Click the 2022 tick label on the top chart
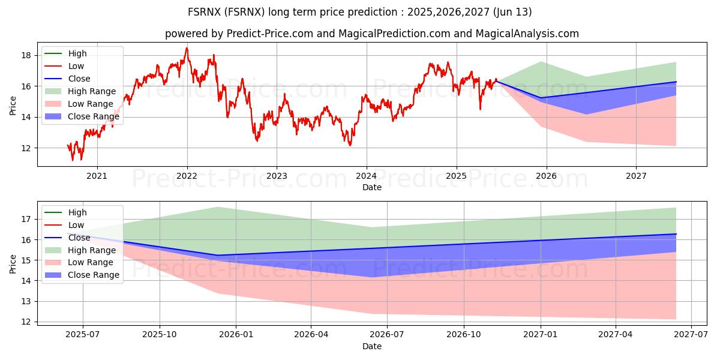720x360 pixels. click(187, 176)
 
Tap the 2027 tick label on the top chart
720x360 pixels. click(636, 176)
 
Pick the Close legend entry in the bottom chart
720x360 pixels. click(79, 238)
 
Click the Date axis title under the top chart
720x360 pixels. click(372, 188)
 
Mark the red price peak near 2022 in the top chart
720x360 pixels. click(187, 48)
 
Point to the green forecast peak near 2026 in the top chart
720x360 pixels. click(541, 62)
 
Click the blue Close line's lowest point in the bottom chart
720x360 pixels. click(217, 256)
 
